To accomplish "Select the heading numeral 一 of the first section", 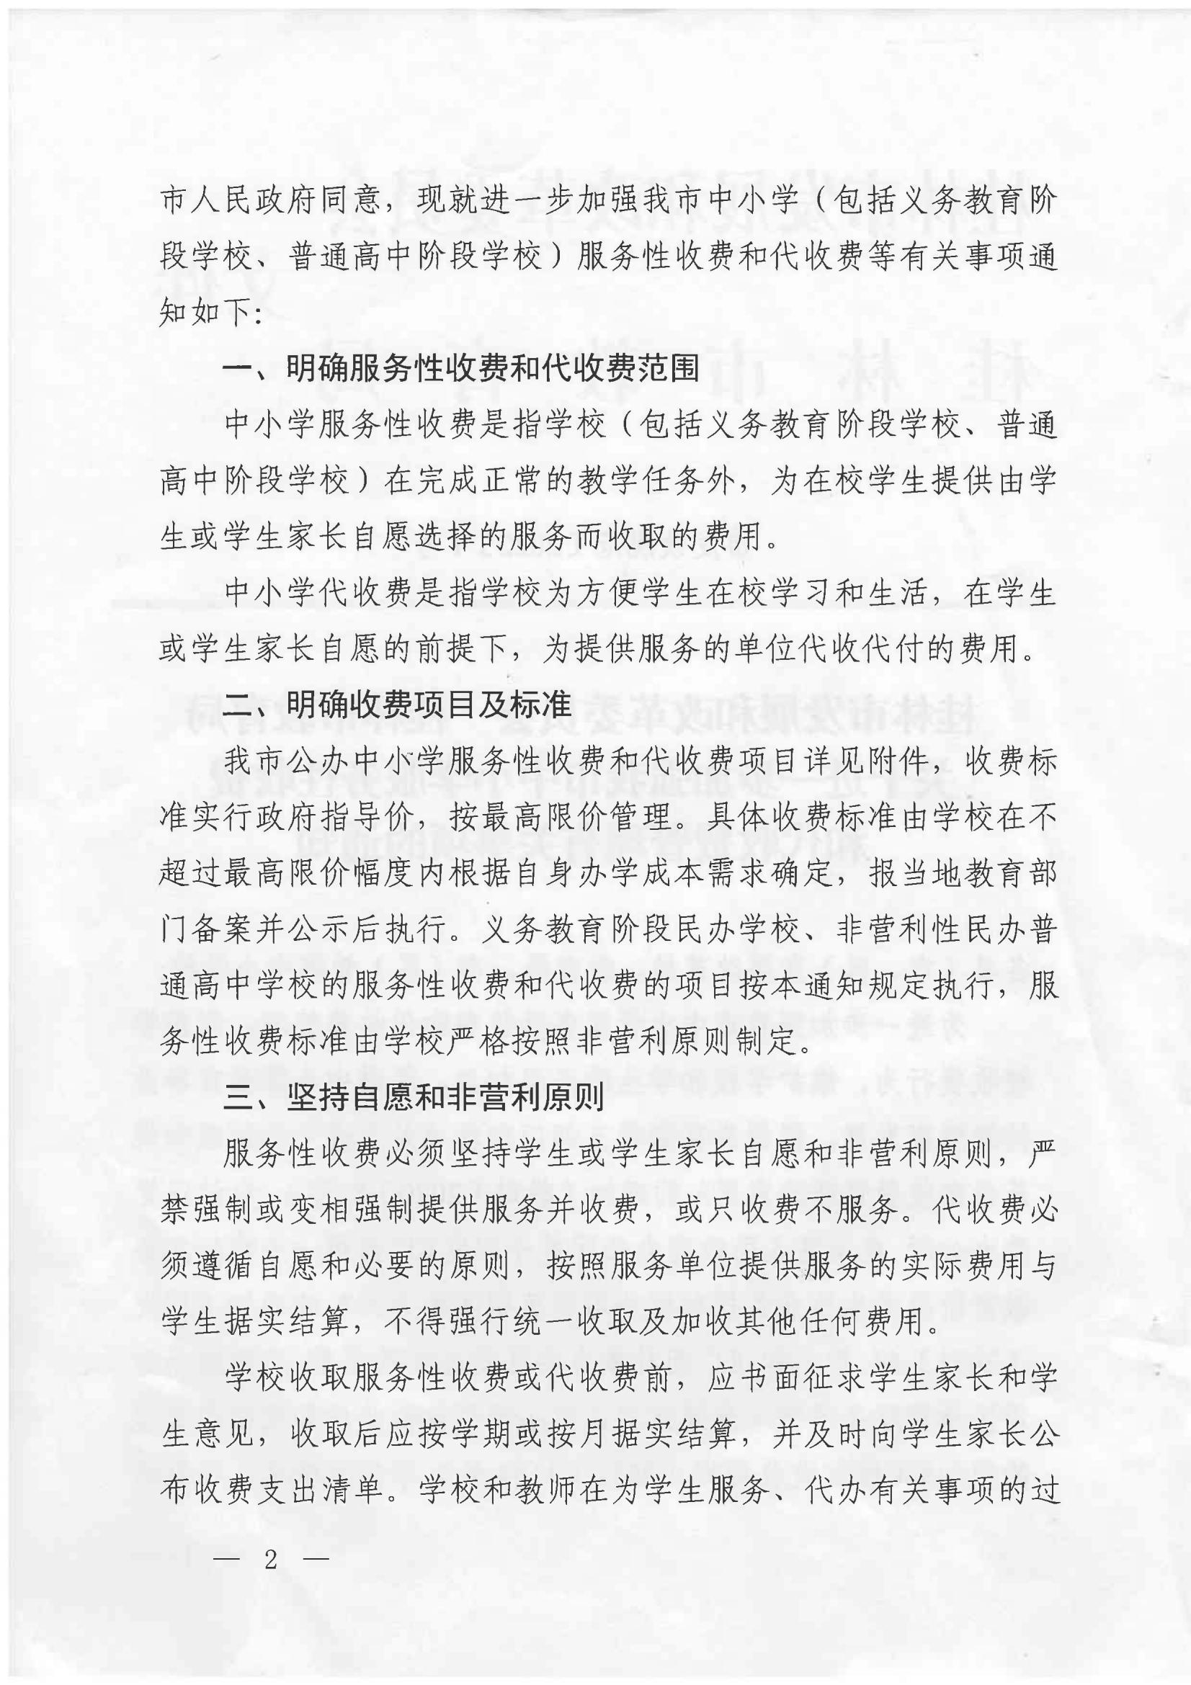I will coord(238,369).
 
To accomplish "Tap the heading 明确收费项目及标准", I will coord(429,705).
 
